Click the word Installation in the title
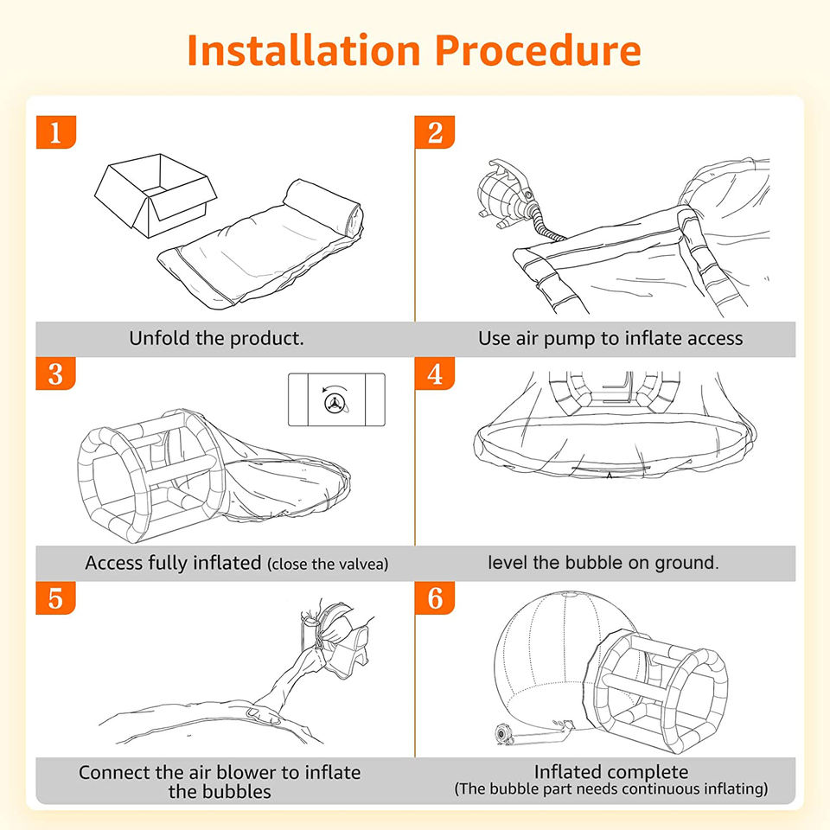click(304, 50)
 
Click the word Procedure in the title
click(539, 50)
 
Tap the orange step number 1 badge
click(56, 131)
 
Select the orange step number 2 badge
click(435, 131)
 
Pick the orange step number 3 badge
click(55, 373)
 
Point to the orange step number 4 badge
click(435, 373)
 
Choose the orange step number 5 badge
click(55, 597)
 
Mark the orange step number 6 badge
click(435, 597)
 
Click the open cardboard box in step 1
click(156, 195)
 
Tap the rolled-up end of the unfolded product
click(322, 207)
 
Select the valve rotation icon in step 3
click(336, 399)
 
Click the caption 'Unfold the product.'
click(216, 338)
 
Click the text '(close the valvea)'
click(328, 565)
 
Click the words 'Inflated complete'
click(611, 772)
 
